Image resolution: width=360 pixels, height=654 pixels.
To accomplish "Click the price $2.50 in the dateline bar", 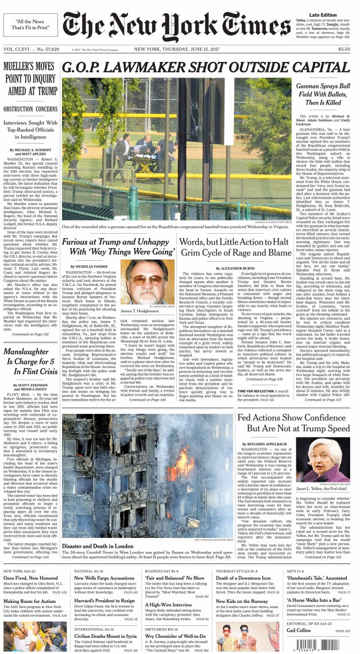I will point(344,49).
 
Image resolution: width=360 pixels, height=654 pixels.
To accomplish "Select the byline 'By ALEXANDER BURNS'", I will point(234,268).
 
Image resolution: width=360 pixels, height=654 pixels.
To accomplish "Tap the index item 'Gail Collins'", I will point(299,630).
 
